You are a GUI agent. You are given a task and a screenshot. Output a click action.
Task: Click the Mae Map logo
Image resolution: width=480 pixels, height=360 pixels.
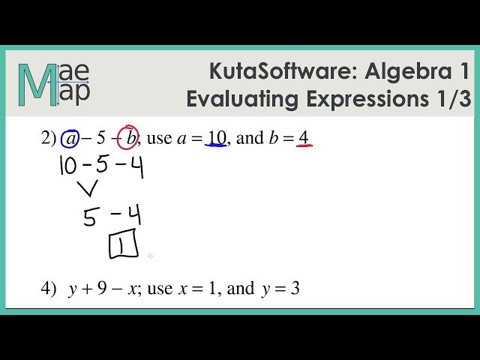pos(55,83)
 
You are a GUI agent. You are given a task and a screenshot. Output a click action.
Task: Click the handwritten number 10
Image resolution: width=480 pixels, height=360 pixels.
pos(67,166)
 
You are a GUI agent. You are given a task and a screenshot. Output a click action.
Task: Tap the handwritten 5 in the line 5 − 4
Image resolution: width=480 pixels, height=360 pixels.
pos(89,217)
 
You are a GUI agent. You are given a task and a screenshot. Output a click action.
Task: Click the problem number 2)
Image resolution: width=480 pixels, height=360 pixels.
pos(49,138)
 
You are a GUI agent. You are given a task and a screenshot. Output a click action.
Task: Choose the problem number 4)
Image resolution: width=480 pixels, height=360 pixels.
pos(49,289)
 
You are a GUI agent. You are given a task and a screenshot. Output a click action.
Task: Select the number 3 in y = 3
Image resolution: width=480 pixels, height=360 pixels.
pos(295,289)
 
